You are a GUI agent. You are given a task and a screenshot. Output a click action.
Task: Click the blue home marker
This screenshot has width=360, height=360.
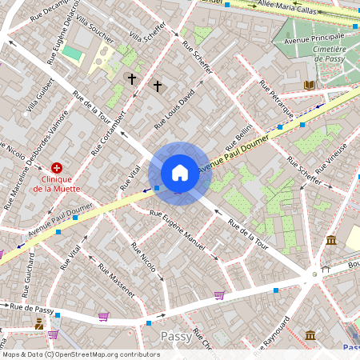click(x=180, y=173)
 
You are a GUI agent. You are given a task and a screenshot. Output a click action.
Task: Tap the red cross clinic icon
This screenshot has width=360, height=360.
click(x=57, y=168)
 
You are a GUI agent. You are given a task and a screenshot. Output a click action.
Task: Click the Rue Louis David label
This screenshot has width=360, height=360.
click(x=174, y=110)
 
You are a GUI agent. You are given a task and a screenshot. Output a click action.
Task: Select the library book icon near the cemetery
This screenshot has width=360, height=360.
click(x=310, y=85)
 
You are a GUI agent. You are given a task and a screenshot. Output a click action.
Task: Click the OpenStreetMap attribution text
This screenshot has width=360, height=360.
click(x=80, y=354)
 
